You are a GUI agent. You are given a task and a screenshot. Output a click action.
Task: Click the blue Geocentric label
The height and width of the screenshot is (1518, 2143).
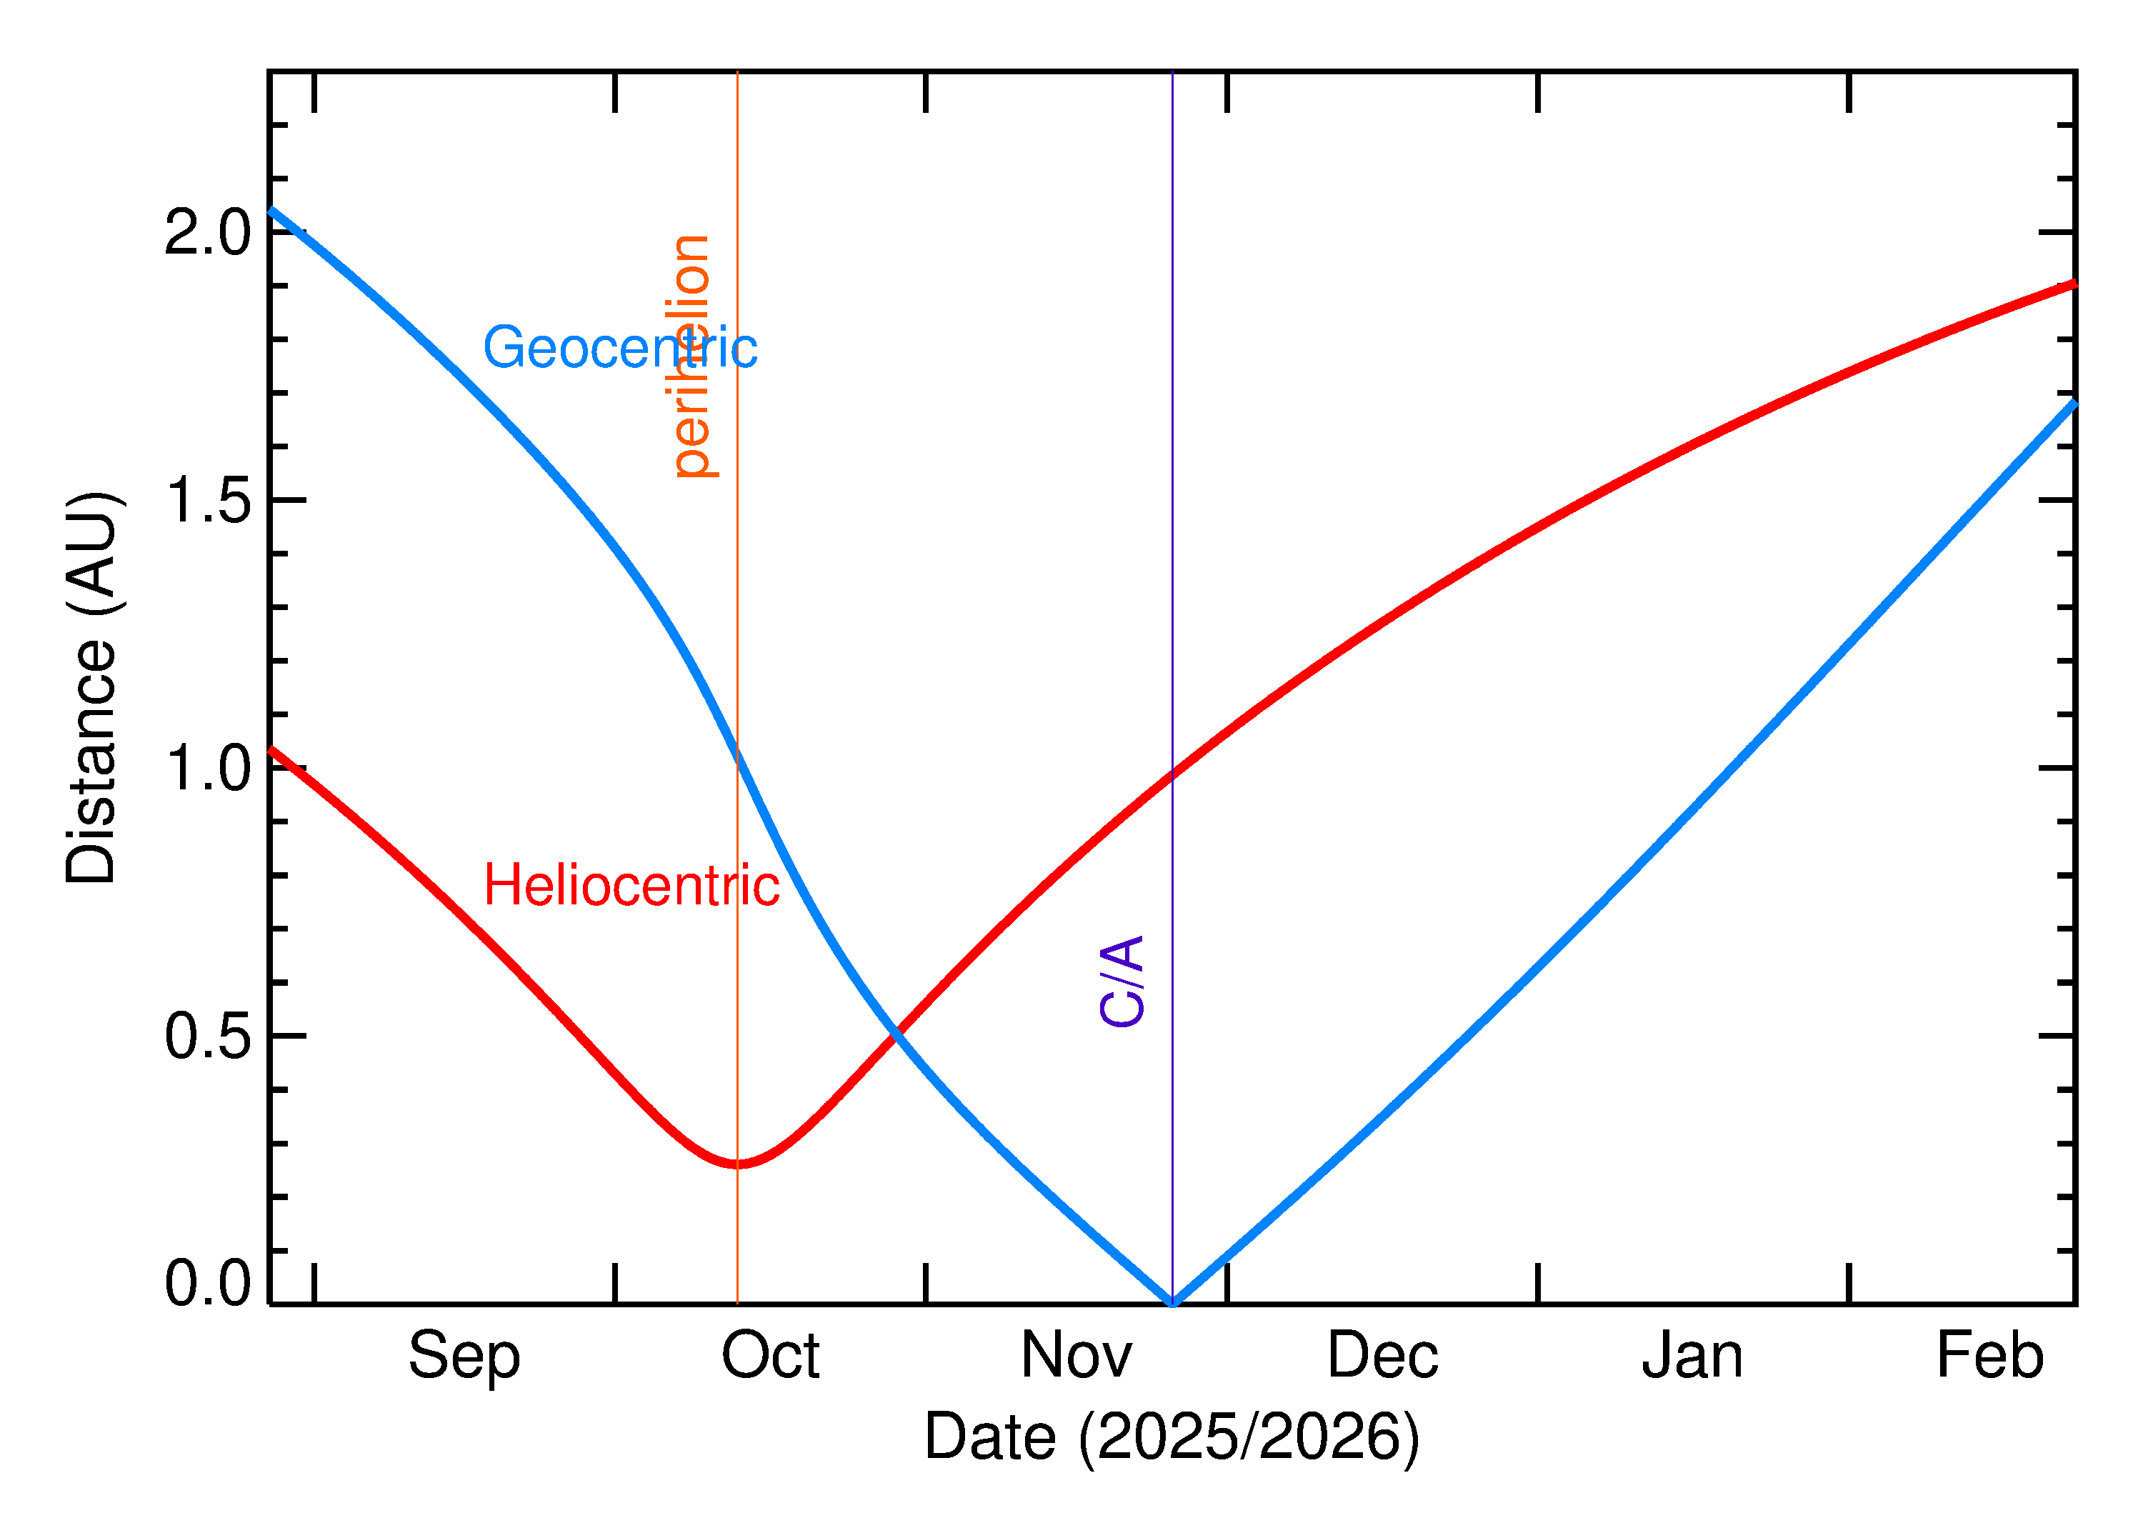619,349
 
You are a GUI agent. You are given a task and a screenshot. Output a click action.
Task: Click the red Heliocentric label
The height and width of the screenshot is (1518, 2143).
631,885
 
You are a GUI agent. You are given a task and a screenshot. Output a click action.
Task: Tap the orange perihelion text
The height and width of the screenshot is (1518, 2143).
692,357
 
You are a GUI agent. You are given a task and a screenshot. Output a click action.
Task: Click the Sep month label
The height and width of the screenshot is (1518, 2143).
464,1357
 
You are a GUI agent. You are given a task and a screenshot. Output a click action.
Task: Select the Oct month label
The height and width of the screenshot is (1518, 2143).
770,1357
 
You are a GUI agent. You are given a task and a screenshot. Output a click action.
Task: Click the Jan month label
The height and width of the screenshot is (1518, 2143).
1692,1357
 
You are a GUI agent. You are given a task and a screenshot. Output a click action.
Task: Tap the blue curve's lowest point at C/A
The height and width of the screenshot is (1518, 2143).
1173,1302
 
